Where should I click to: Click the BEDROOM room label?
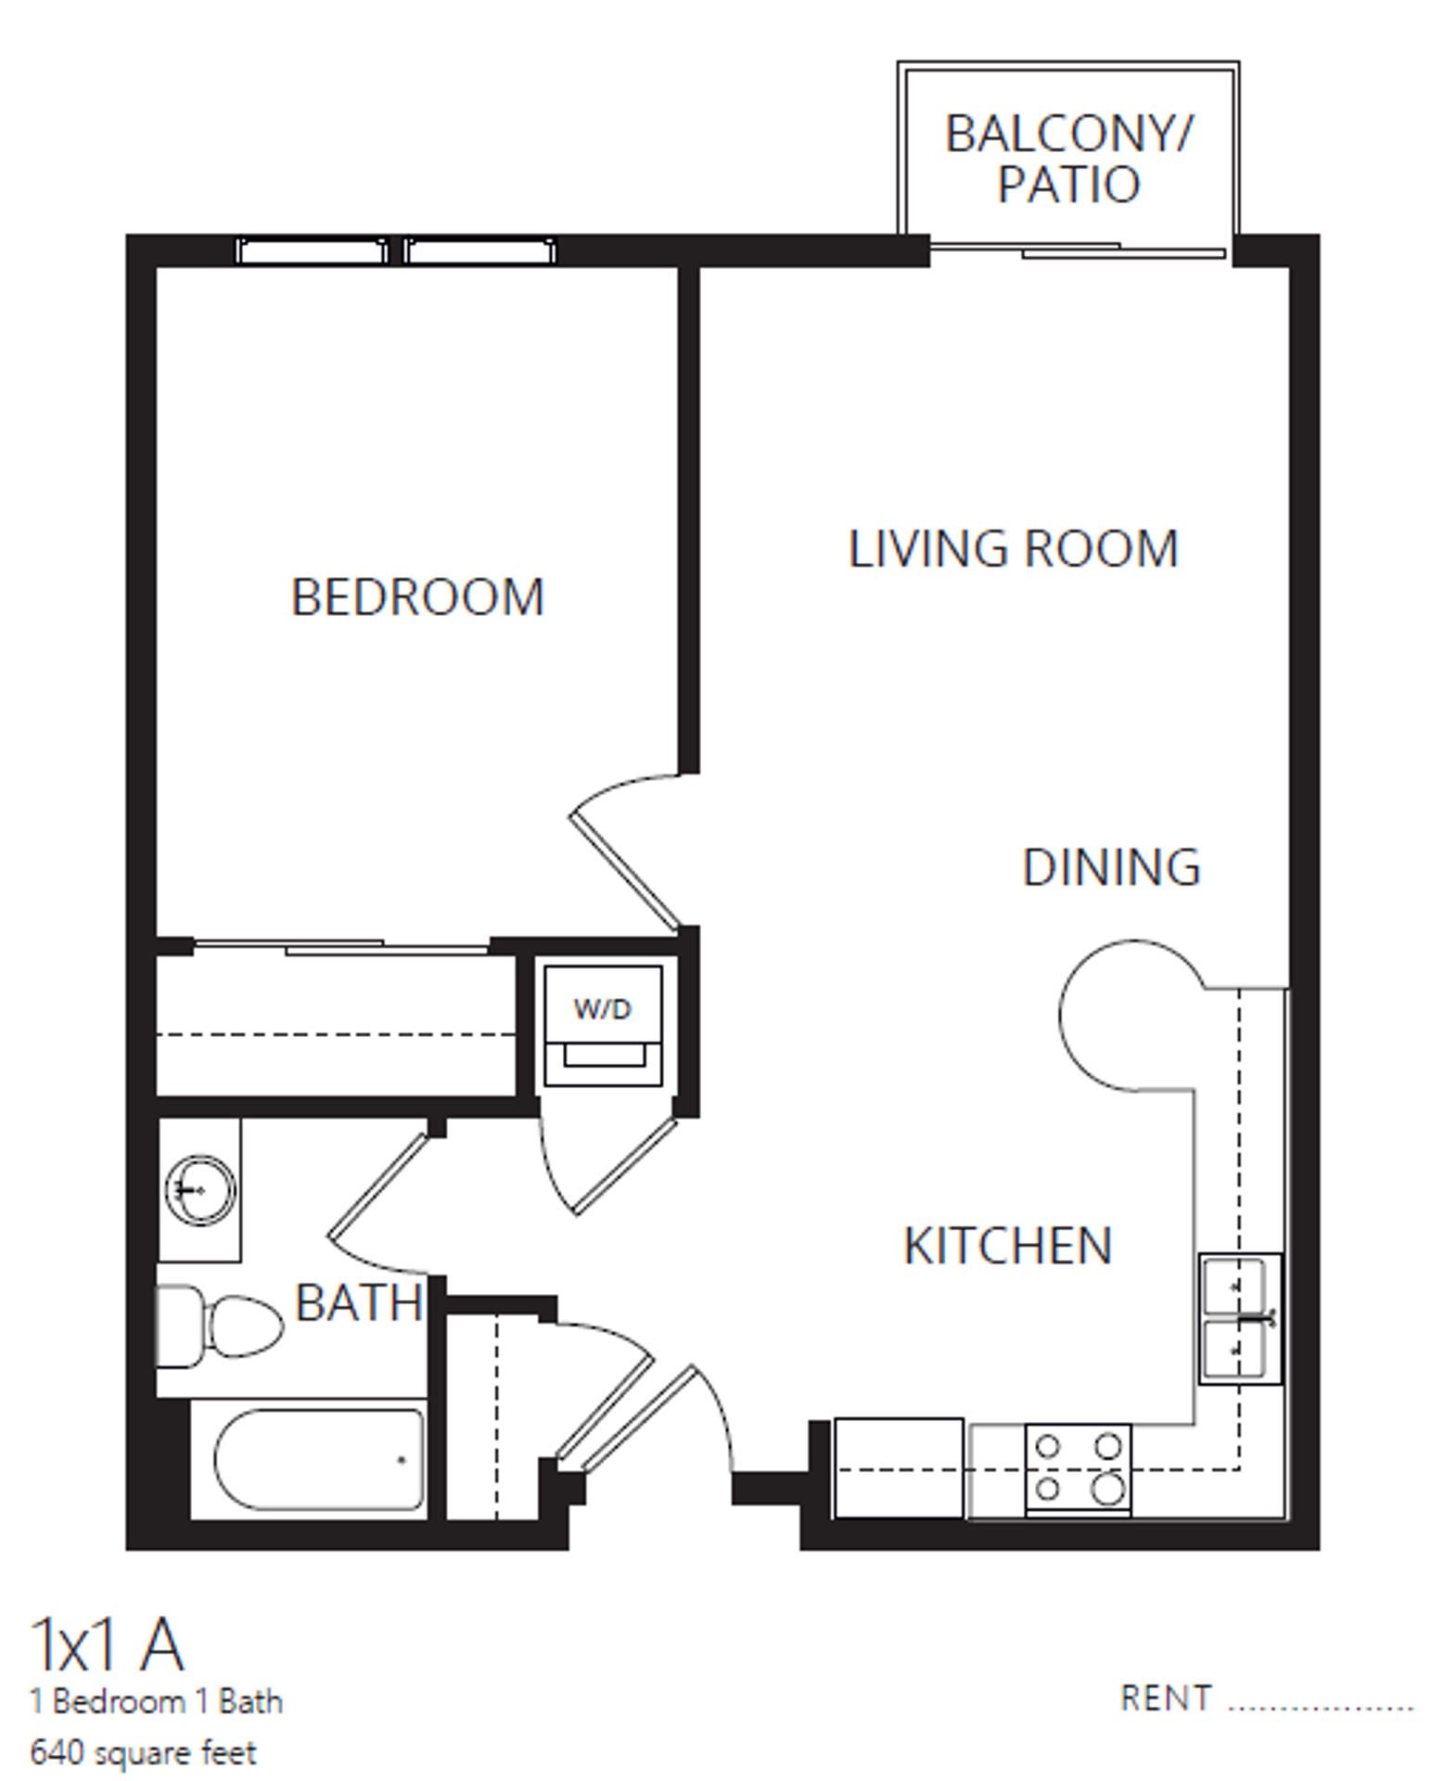(417, 596)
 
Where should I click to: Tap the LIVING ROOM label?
(1013, 548)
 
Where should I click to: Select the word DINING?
(1111, 867)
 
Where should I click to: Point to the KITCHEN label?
(1007, 1246)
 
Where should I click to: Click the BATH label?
(359, 1303)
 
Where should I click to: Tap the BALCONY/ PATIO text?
(1068, 159)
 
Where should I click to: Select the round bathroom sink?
(199, 1189)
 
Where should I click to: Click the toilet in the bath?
(219, 1326)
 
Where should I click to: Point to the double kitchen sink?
(1240, 1318)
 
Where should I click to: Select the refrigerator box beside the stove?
(898, 1467)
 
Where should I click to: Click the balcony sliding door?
(1080, 250)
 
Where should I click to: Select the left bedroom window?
(312, 250)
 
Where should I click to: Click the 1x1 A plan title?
(107, 1645)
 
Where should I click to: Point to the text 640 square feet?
(143, 1752)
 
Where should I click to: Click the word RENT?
(1165, 1698)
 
